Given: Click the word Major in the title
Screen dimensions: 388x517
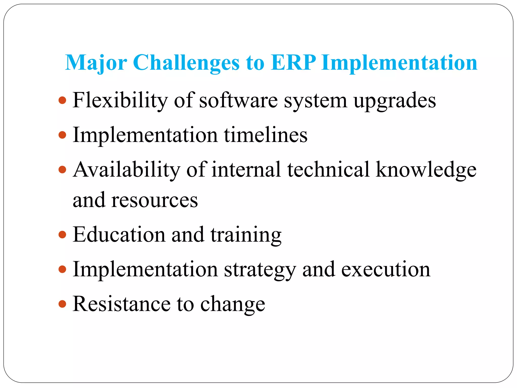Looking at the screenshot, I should [96, 63].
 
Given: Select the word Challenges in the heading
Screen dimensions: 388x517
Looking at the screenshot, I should [186, 63].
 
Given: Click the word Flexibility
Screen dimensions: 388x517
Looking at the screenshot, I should [120, 101].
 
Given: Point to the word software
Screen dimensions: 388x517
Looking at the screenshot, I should [238, 101].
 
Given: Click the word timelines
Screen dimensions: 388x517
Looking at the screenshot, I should [266, 135].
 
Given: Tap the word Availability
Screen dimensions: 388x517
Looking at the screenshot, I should [126, 170].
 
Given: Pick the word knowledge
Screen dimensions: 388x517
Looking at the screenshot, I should [426, 170].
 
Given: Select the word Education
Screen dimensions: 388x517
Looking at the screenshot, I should [119, 235].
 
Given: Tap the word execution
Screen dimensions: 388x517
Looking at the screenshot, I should [386, 270].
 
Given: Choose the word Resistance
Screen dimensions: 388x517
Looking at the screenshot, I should [121, 304].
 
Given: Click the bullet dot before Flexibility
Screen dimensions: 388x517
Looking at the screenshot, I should [62, 100].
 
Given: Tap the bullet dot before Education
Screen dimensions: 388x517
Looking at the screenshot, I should [62, 235].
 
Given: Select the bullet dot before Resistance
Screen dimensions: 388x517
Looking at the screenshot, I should [62, 304].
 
